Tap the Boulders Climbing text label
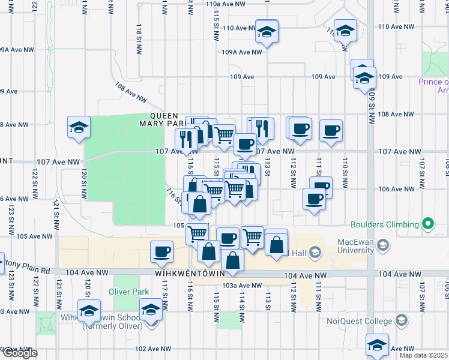point(385,225)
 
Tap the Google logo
point(19,353)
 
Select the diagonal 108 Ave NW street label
point(131,92)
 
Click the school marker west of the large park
point(79,128)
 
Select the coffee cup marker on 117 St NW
point(161,252)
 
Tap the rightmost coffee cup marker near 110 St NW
point(331,131)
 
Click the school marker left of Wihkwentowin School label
point(89,311)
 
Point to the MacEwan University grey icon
point(384,245)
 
